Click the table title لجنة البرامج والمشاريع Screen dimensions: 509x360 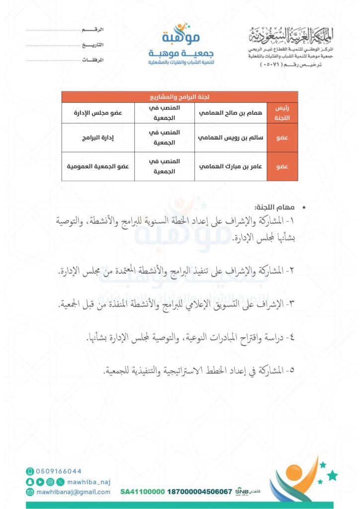180,96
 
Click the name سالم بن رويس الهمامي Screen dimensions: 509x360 230,137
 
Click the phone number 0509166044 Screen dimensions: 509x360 59,471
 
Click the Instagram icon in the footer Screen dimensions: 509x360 50,482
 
